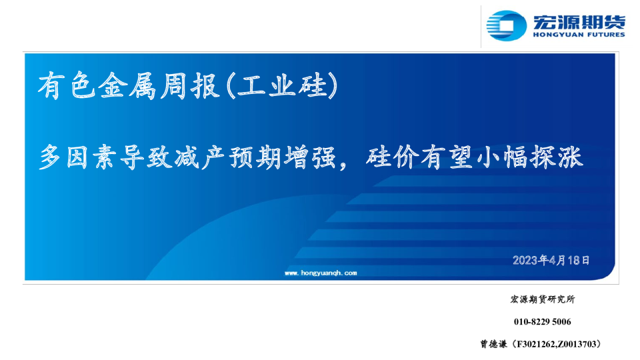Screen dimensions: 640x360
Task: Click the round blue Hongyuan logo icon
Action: [x=506, y=26]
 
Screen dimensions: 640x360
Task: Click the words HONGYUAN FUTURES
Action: [x=579, y=35]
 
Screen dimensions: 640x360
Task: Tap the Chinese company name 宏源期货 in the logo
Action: [x=579, y=21]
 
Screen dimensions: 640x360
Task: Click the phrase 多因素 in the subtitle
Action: [x=79, y=157]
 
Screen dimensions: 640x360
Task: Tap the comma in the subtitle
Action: [x=343, y=164]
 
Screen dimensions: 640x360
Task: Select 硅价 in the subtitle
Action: [x=392, y=157]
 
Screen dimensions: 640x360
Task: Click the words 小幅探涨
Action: [x=529, y=157]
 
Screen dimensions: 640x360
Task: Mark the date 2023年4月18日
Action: [x=551, y=260]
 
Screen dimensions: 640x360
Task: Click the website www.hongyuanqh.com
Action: [x=321, y=273]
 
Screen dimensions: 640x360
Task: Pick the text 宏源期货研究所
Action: [x=543, y=299]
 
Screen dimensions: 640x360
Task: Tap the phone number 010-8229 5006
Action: [x=543, y=321]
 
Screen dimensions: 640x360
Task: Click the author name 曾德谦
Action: [x=493, y=344]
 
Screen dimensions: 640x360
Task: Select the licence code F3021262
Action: [x=535, y=344]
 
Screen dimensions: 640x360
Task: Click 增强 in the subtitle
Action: [x=310, y=157]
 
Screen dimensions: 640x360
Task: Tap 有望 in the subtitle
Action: [x=446, y=157]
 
